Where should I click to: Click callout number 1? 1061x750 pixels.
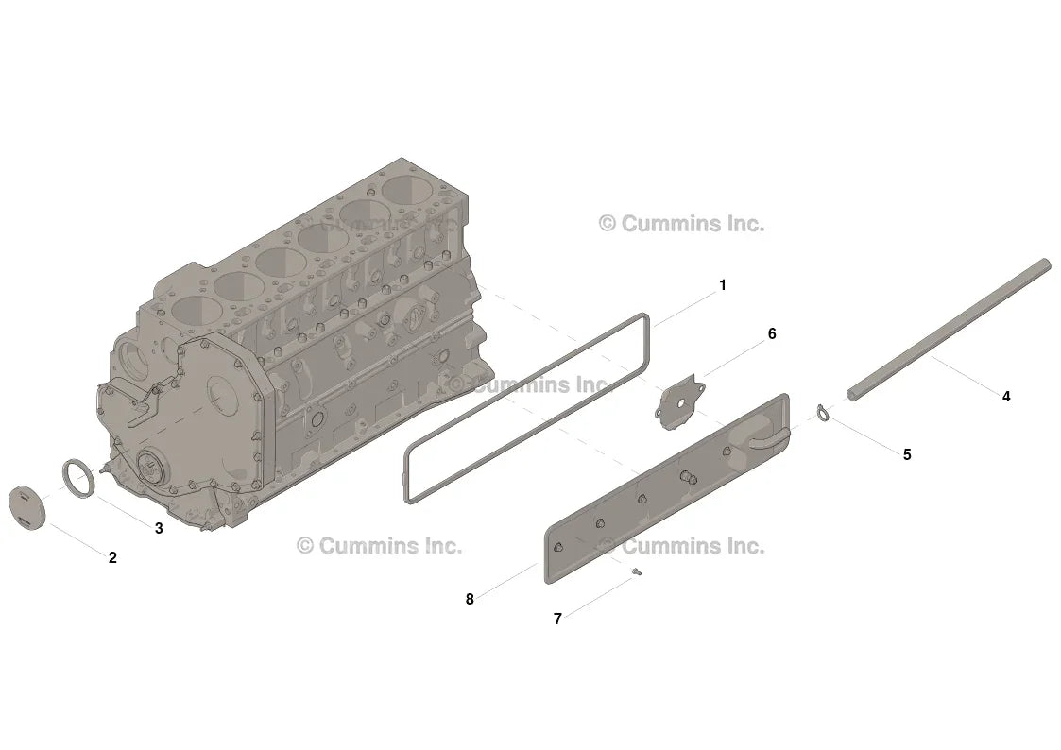(x=723, y=285)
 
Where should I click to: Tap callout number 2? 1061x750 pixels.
(x=113, y=557)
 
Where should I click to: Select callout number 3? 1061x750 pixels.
(x=159, y=528)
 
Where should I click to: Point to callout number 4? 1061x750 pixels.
(x=1006, y=397)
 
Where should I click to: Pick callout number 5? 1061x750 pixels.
(x=907, y=454)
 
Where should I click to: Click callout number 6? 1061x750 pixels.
(x=772, y=334)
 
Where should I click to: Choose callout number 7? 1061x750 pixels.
(x=557, y=619)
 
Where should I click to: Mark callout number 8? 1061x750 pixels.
(x=470, y=599)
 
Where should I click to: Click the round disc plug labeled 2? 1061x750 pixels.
(x=26, y=506)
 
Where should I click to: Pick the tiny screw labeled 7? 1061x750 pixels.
(x=636, y=572)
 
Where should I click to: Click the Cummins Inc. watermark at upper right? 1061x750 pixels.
(x=683, y=223)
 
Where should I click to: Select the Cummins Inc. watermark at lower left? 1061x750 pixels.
(x=380, y=545)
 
